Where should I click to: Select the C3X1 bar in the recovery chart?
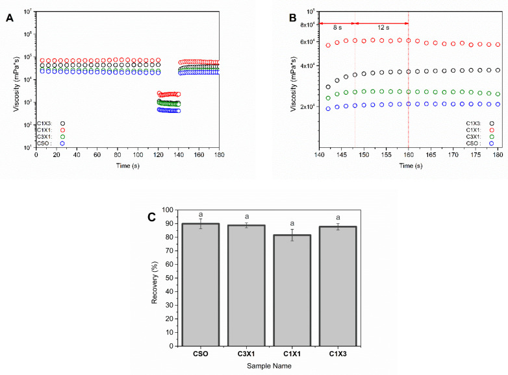[x=246, y=286]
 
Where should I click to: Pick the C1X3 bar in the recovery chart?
[x=337, y=287]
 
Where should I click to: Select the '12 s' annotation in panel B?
[x=382, y=28]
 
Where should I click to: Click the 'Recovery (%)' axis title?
[x=155, y=278]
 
